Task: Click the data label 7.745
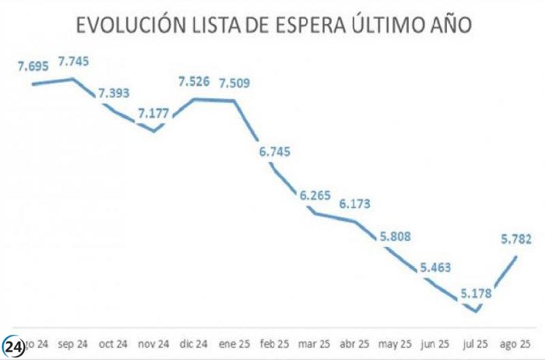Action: [x=74, y=61]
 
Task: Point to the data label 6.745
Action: [x=275, y=151]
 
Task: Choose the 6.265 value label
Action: [x=315, y=196]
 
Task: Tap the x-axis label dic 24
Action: [x=193, y=343]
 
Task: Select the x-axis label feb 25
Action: [x=275, y=343]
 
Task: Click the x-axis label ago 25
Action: [x=516, y=343]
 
